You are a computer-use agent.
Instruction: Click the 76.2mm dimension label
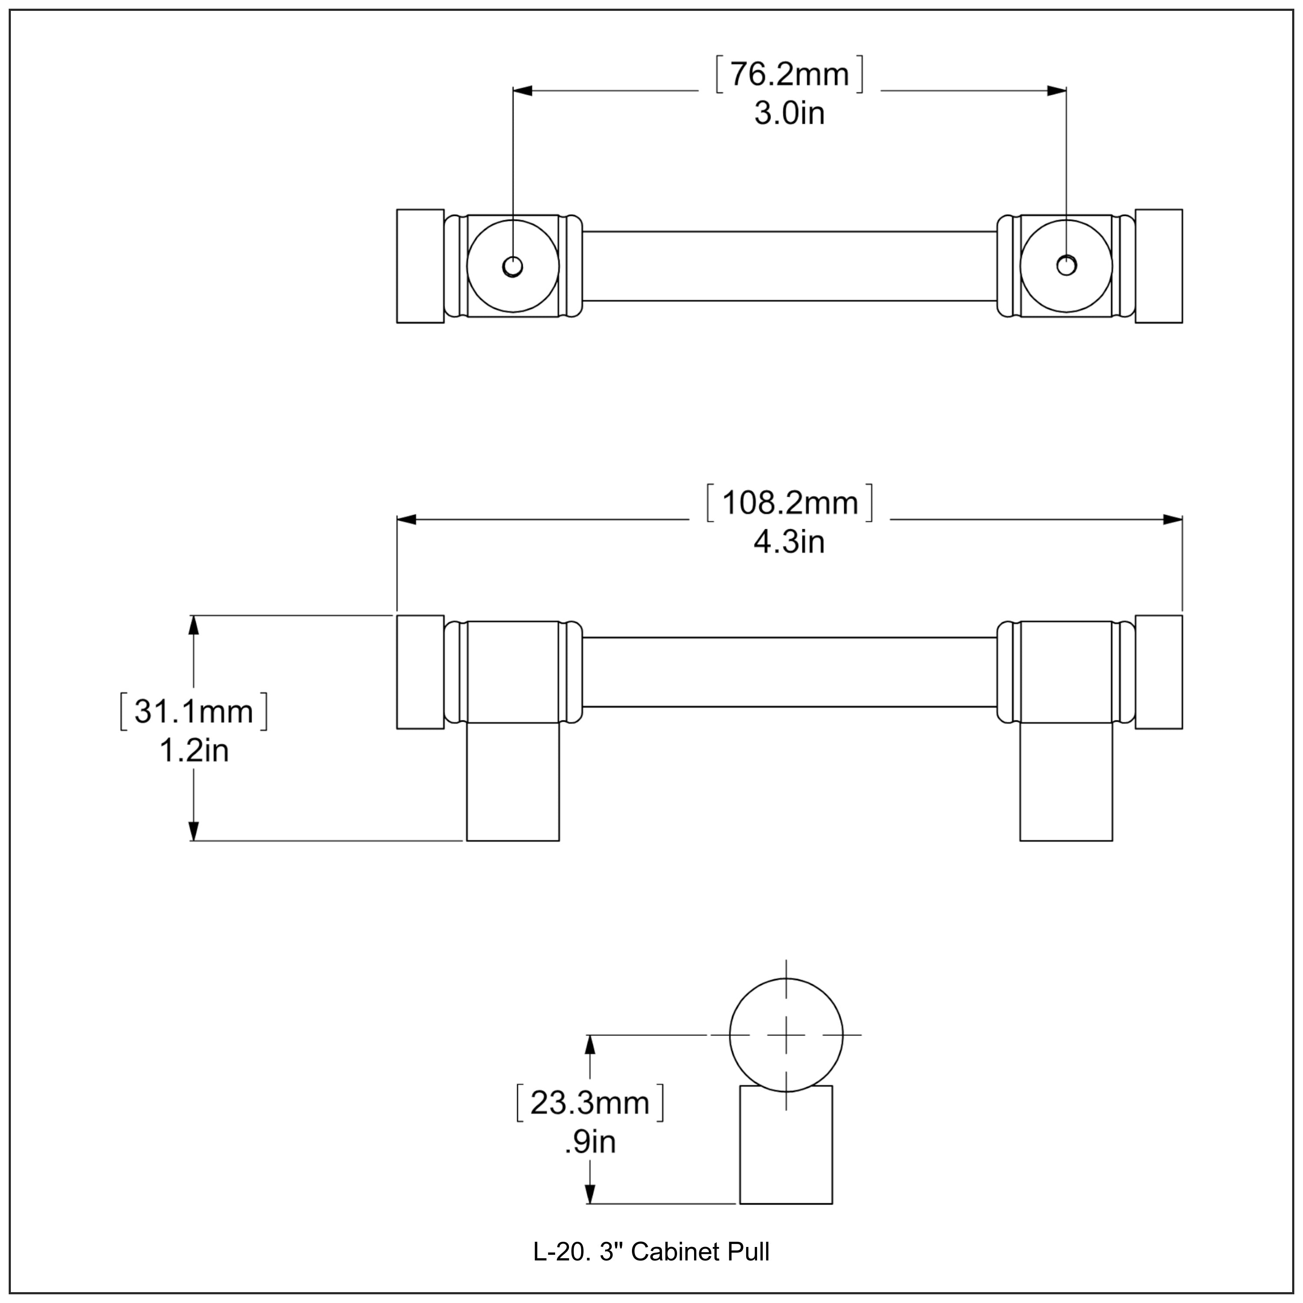click(x=789, y=75)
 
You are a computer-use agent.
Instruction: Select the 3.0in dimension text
click(x=789, y=113)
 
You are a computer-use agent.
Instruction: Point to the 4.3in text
click(x=789, y=542)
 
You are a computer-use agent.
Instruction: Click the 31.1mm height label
click(x=194, y=711)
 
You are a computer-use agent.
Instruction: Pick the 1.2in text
click(x=194, y=750)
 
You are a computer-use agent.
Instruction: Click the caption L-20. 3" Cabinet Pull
click(x=651, y=1253)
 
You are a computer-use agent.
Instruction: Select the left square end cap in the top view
click(x=420, y=266)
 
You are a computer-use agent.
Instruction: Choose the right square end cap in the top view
click(x=1159, y=266)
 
